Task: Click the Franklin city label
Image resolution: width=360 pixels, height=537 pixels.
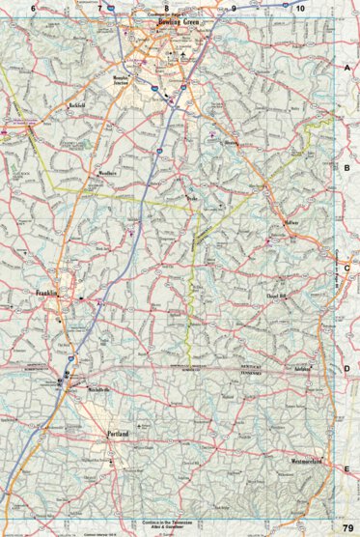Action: coord(49,293)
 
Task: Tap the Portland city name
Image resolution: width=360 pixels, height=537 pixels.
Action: coord(119,435)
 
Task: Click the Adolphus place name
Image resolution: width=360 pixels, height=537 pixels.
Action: coord(302,369)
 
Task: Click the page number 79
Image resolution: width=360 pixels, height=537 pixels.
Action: coord(347,527)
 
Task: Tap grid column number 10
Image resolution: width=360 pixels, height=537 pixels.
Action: coord(301,9)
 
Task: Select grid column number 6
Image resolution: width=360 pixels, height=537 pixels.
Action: coord(34,9)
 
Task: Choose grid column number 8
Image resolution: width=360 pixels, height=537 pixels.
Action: coord(166,9)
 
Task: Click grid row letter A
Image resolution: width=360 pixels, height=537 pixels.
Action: coord(346,69)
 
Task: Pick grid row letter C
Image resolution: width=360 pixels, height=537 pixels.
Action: coord(346,268)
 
